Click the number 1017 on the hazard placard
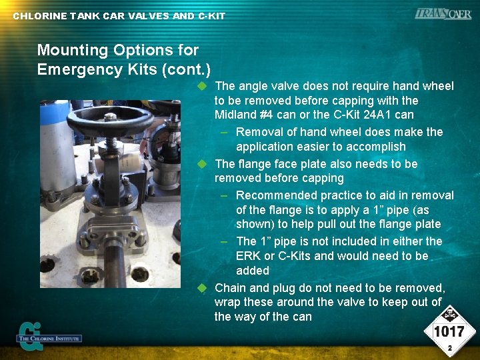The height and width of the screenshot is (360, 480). [449, 331]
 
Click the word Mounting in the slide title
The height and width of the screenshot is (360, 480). [71, 50]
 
